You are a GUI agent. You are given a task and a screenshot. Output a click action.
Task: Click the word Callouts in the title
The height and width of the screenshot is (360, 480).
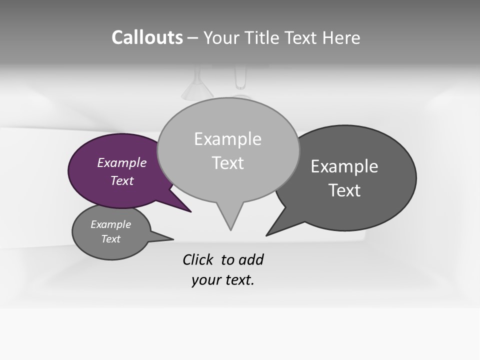point(147,38)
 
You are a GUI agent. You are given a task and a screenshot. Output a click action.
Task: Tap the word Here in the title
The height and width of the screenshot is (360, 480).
point(341,38)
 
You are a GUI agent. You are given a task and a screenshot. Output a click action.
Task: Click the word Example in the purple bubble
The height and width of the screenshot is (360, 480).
point(122,163)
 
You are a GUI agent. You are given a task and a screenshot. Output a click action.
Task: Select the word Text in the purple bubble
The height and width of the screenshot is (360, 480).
point(122,181)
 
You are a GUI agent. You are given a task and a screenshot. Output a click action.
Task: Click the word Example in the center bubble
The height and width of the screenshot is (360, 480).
point(227,139)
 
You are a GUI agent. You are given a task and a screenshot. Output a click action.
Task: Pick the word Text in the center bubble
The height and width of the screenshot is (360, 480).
point(227,163)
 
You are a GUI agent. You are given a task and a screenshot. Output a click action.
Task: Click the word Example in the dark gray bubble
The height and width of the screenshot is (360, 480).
point(344,166)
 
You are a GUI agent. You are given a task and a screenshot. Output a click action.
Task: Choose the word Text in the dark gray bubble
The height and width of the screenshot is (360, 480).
point(344,190)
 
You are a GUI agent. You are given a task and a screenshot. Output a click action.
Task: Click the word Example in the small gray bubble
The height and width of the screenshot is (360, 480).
point(111,225)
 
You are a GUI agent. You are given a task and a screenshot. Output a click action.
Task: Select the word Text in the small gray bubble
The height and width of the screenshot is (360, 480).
point(111,239)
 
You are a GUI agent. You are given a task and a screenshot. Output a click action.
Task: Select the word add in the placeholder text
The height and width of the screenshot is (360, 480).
point(250,260)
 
